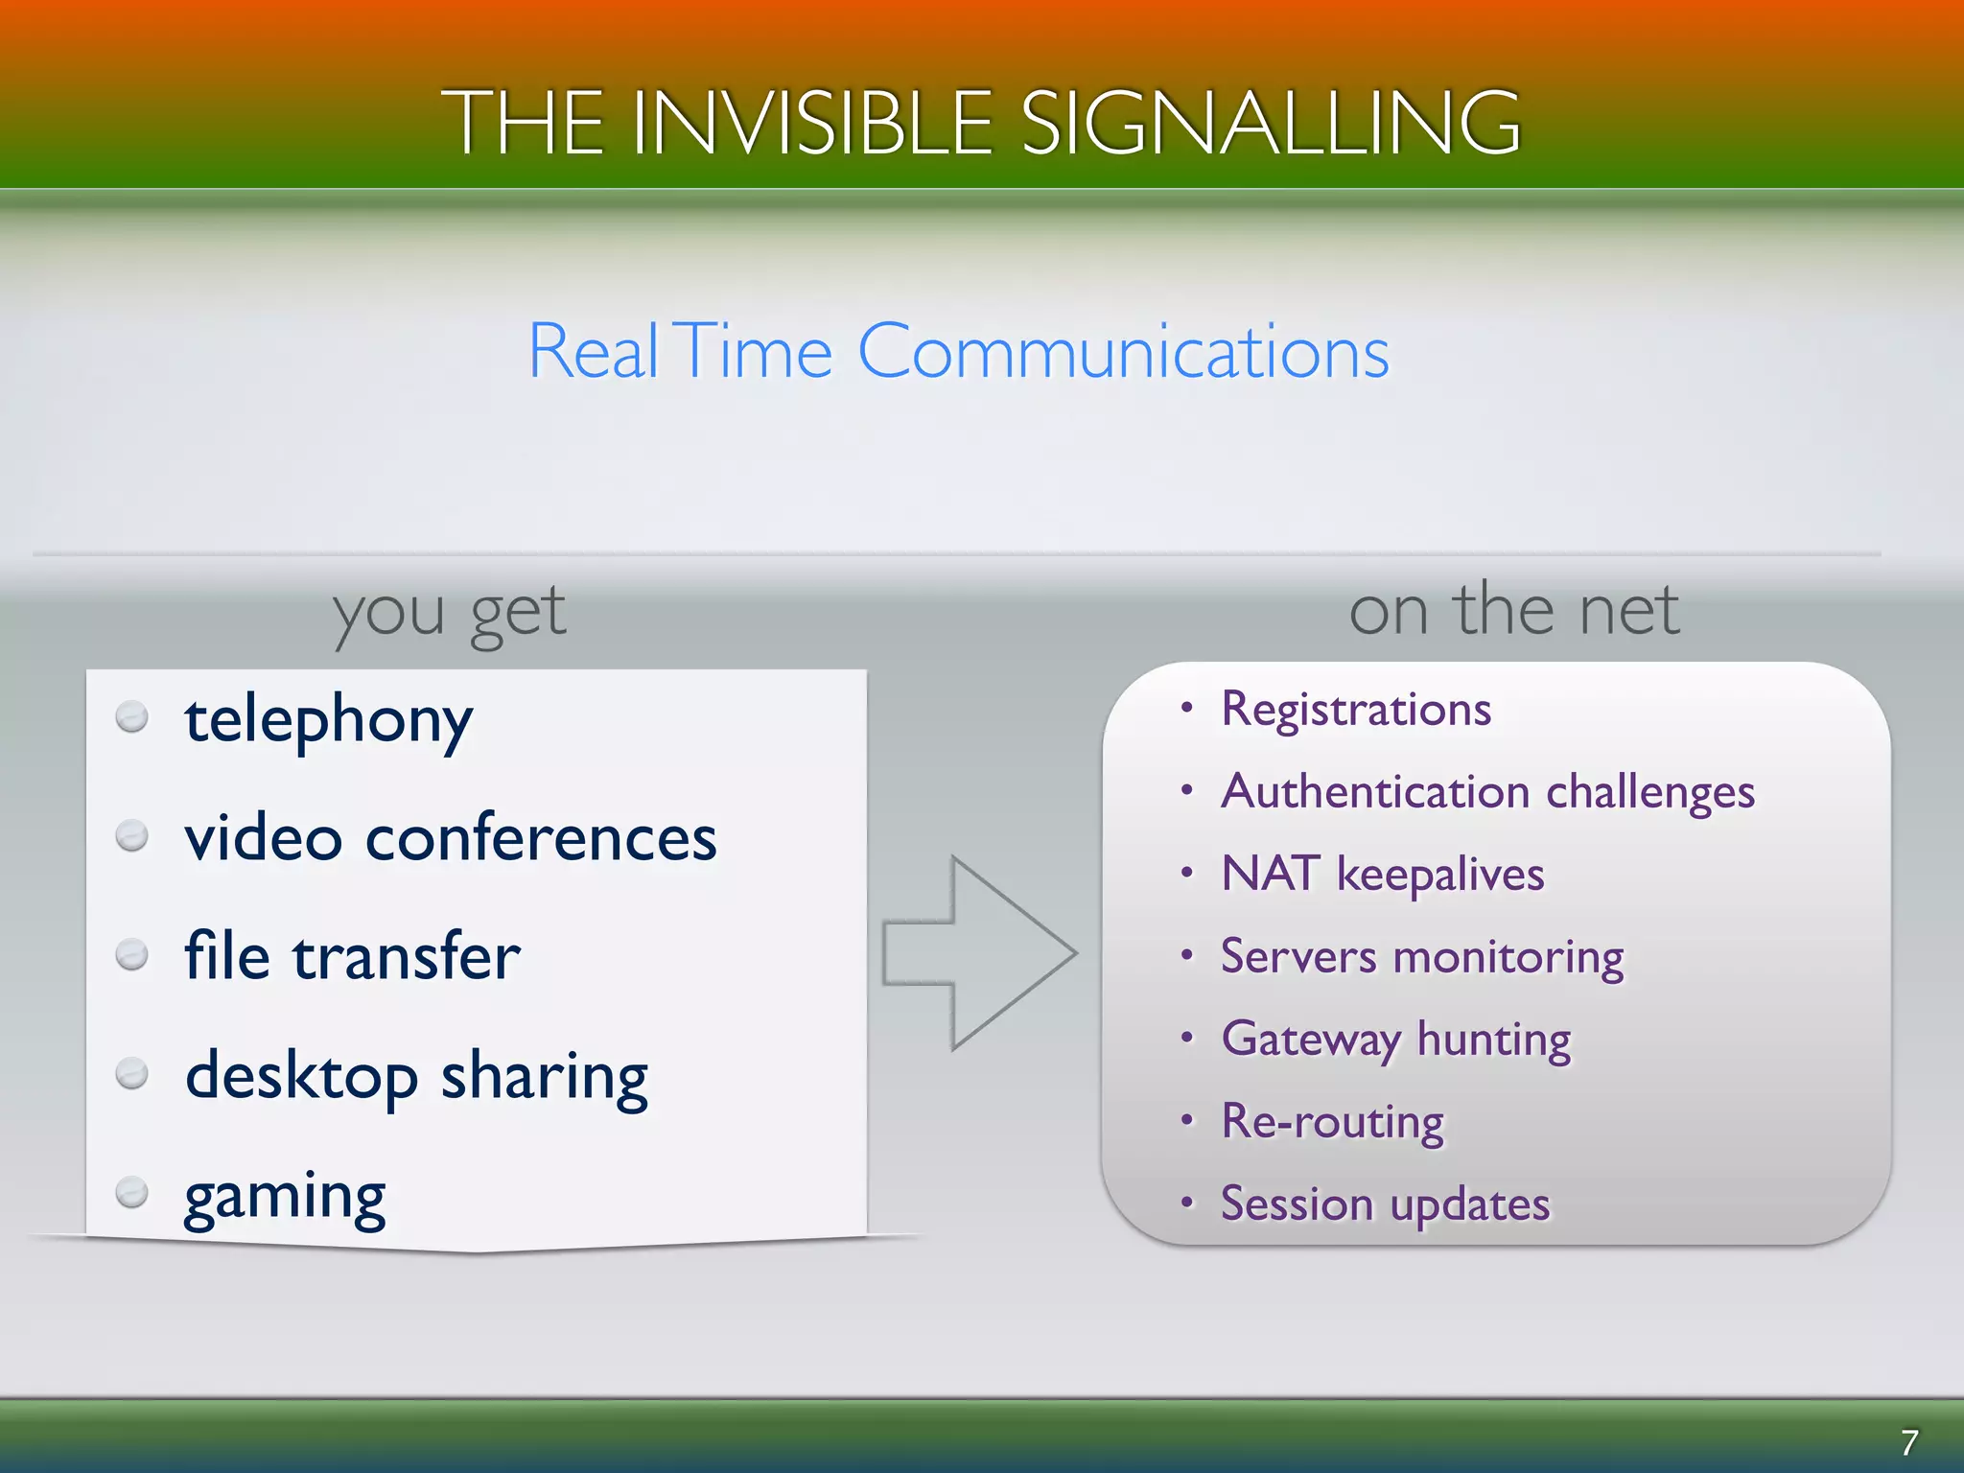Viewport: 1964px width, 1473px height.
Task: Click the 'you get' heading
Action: coord(449,612)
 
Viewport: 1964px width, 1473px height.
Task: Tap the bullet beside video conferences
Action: coord(131,835)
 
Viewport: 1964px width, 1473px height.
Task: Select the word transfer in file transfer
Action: coord(406,956)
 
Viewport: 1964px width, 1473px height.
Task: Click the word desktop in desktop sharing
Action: coord(301,1076)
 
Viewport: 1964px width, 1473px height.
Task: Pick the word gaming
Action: coord(285,1196)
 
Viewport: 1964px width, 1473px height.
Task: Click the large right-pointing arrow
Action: coord(978,953)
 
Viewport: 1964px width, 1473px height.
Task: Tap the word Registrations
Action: coord(1355,710)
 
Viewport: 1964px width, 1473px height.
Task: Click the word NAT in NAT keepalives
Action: coord(1269,874)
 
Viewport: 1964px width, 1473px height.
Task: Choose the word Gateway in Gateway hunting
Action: coord(1310,1040)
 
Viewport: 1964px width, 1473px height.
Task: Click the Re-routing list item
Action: coord(1332,1122)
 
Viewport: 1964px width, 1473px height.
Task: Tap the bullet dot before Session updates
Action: coord(1187,1203)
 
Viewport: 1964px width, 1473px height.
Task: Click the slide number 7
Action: coord(1908,1442)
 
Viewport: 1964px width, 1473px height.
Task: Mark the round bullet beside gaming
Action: coord(131,1193)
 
